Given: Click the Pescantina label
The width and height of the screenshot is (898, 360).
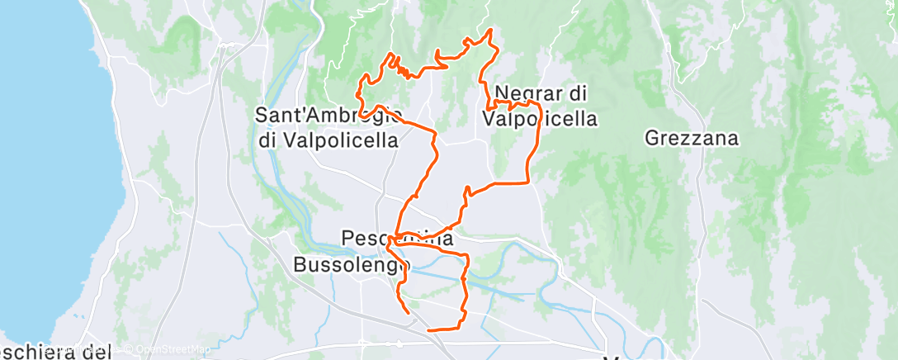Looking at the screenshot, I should tap(396, 239).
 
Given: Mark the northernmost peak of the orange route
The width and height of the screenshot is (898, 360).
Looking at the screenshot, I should tap(491, 30).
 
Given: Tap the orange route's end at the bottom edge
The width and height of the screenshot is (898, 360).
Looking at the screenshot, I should tap(428, 330).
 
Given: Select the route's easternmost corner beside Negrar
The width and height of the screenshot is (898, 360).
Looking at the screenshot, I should tap(540, 107).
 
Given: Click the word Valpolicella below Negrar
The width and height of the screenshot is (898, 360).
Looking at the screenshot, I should tap(538, 119).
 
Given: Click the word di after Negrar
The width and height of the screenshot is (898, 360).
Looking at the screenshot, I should tap(576, 94).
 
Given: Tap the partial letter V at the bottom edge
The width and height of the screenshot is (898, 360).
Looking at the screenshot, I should tap(612, 357).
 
